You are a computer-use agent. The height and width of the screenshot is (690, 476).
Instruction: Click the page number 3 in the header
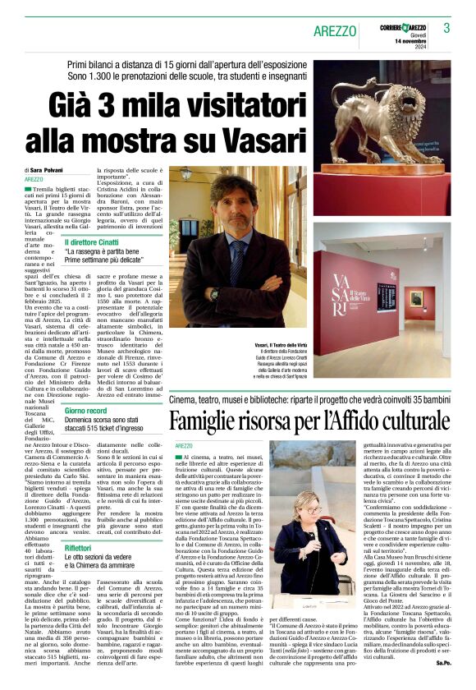point(446,28)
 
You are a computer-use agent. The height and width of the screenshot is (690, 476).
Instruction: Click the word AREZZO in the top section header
point(334,30)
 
